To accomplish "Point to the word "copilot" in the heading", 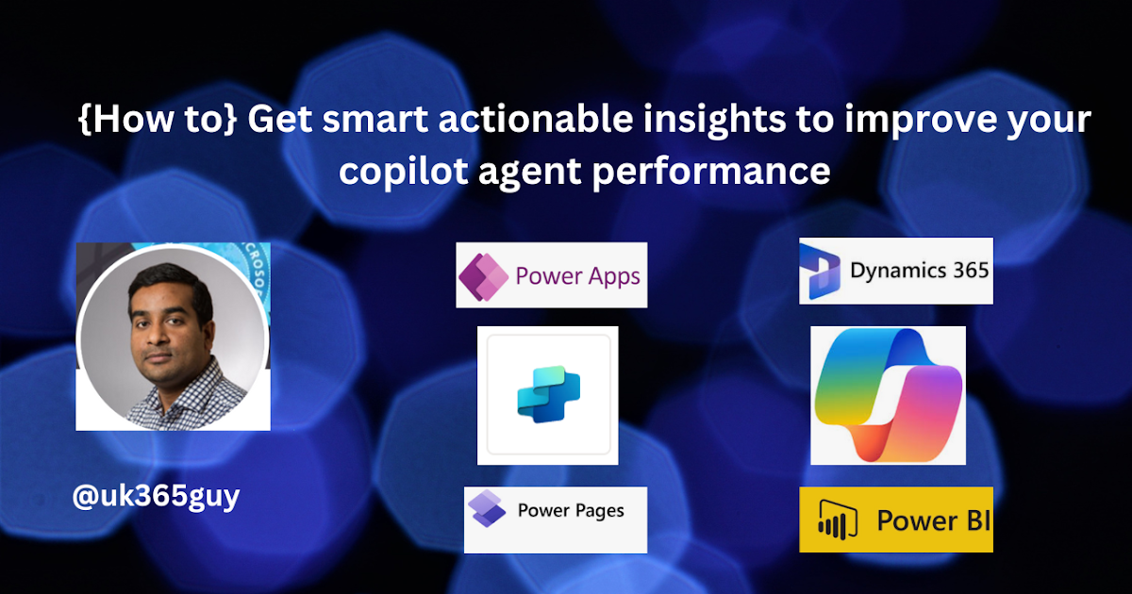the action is click(404, 171).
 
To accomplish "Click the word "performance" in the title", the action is click(711, 172).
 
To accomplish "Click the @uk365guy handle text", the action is click(157, 497).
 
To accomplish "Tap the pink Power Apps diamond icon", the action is click(483, 277).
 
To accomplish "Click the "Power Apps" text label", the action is click(577, 277).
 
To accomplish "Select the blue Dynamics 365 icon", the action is click(820, 272).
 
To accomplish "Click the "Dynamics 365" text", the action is click(919, 272).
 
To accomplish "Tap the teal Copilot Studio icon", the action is click(549, 394).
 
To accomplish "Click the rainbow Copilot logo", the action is click(889, 395).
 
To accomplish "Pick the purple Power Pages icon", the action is click(487, 508).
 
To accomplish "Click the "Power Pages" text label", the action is click(571, 511).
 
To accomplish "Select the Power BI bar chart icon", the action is click(838, 520).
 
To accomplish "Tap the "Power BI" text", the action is click(933, 520).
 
